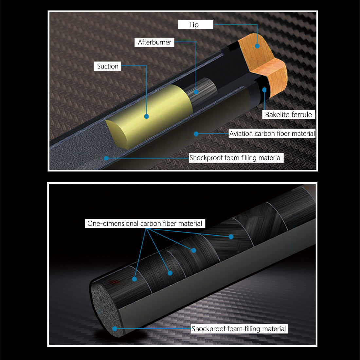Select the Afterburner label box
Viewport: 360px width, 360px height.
pos(154,42)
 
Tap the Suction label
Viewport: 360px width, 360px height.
pos(107,66)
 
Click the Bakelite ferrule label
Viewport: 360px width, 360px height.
pos(288,114)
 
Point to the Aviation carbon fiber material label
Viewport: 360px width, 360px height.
pos(272,134)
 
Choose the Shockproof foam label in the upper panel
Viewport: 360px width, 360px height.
pos(236,158)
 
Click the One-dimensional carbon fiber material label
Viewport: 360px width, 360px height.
pos(145,224)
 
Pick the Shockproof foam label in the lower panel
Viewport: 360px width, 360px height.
pos(239,329)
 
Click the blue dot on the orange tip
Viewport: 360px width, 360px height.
pos(257,46)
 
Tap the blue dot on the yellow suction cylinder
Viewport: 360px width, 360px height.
pos(147,117)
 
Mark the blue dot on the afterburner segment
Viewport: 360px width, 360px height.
pos(196,92)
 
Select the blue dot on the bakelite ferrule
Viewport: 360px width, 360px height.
pos(264,90)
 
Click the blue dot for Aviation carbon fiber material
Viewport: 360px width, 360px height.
pos(196,134)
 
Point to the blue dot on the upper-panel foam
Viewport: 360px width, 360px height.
pos(106,158)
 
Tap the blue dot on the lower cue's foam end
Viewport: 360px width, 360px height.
pos(115,329)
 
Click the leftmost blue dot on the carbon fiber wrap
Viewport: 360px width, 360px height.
pos(135,279)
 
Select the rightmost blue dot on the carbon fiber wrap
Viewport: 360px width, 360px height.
pos(231,237)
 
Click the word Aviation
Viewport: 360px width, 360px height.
pos(241,134)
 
